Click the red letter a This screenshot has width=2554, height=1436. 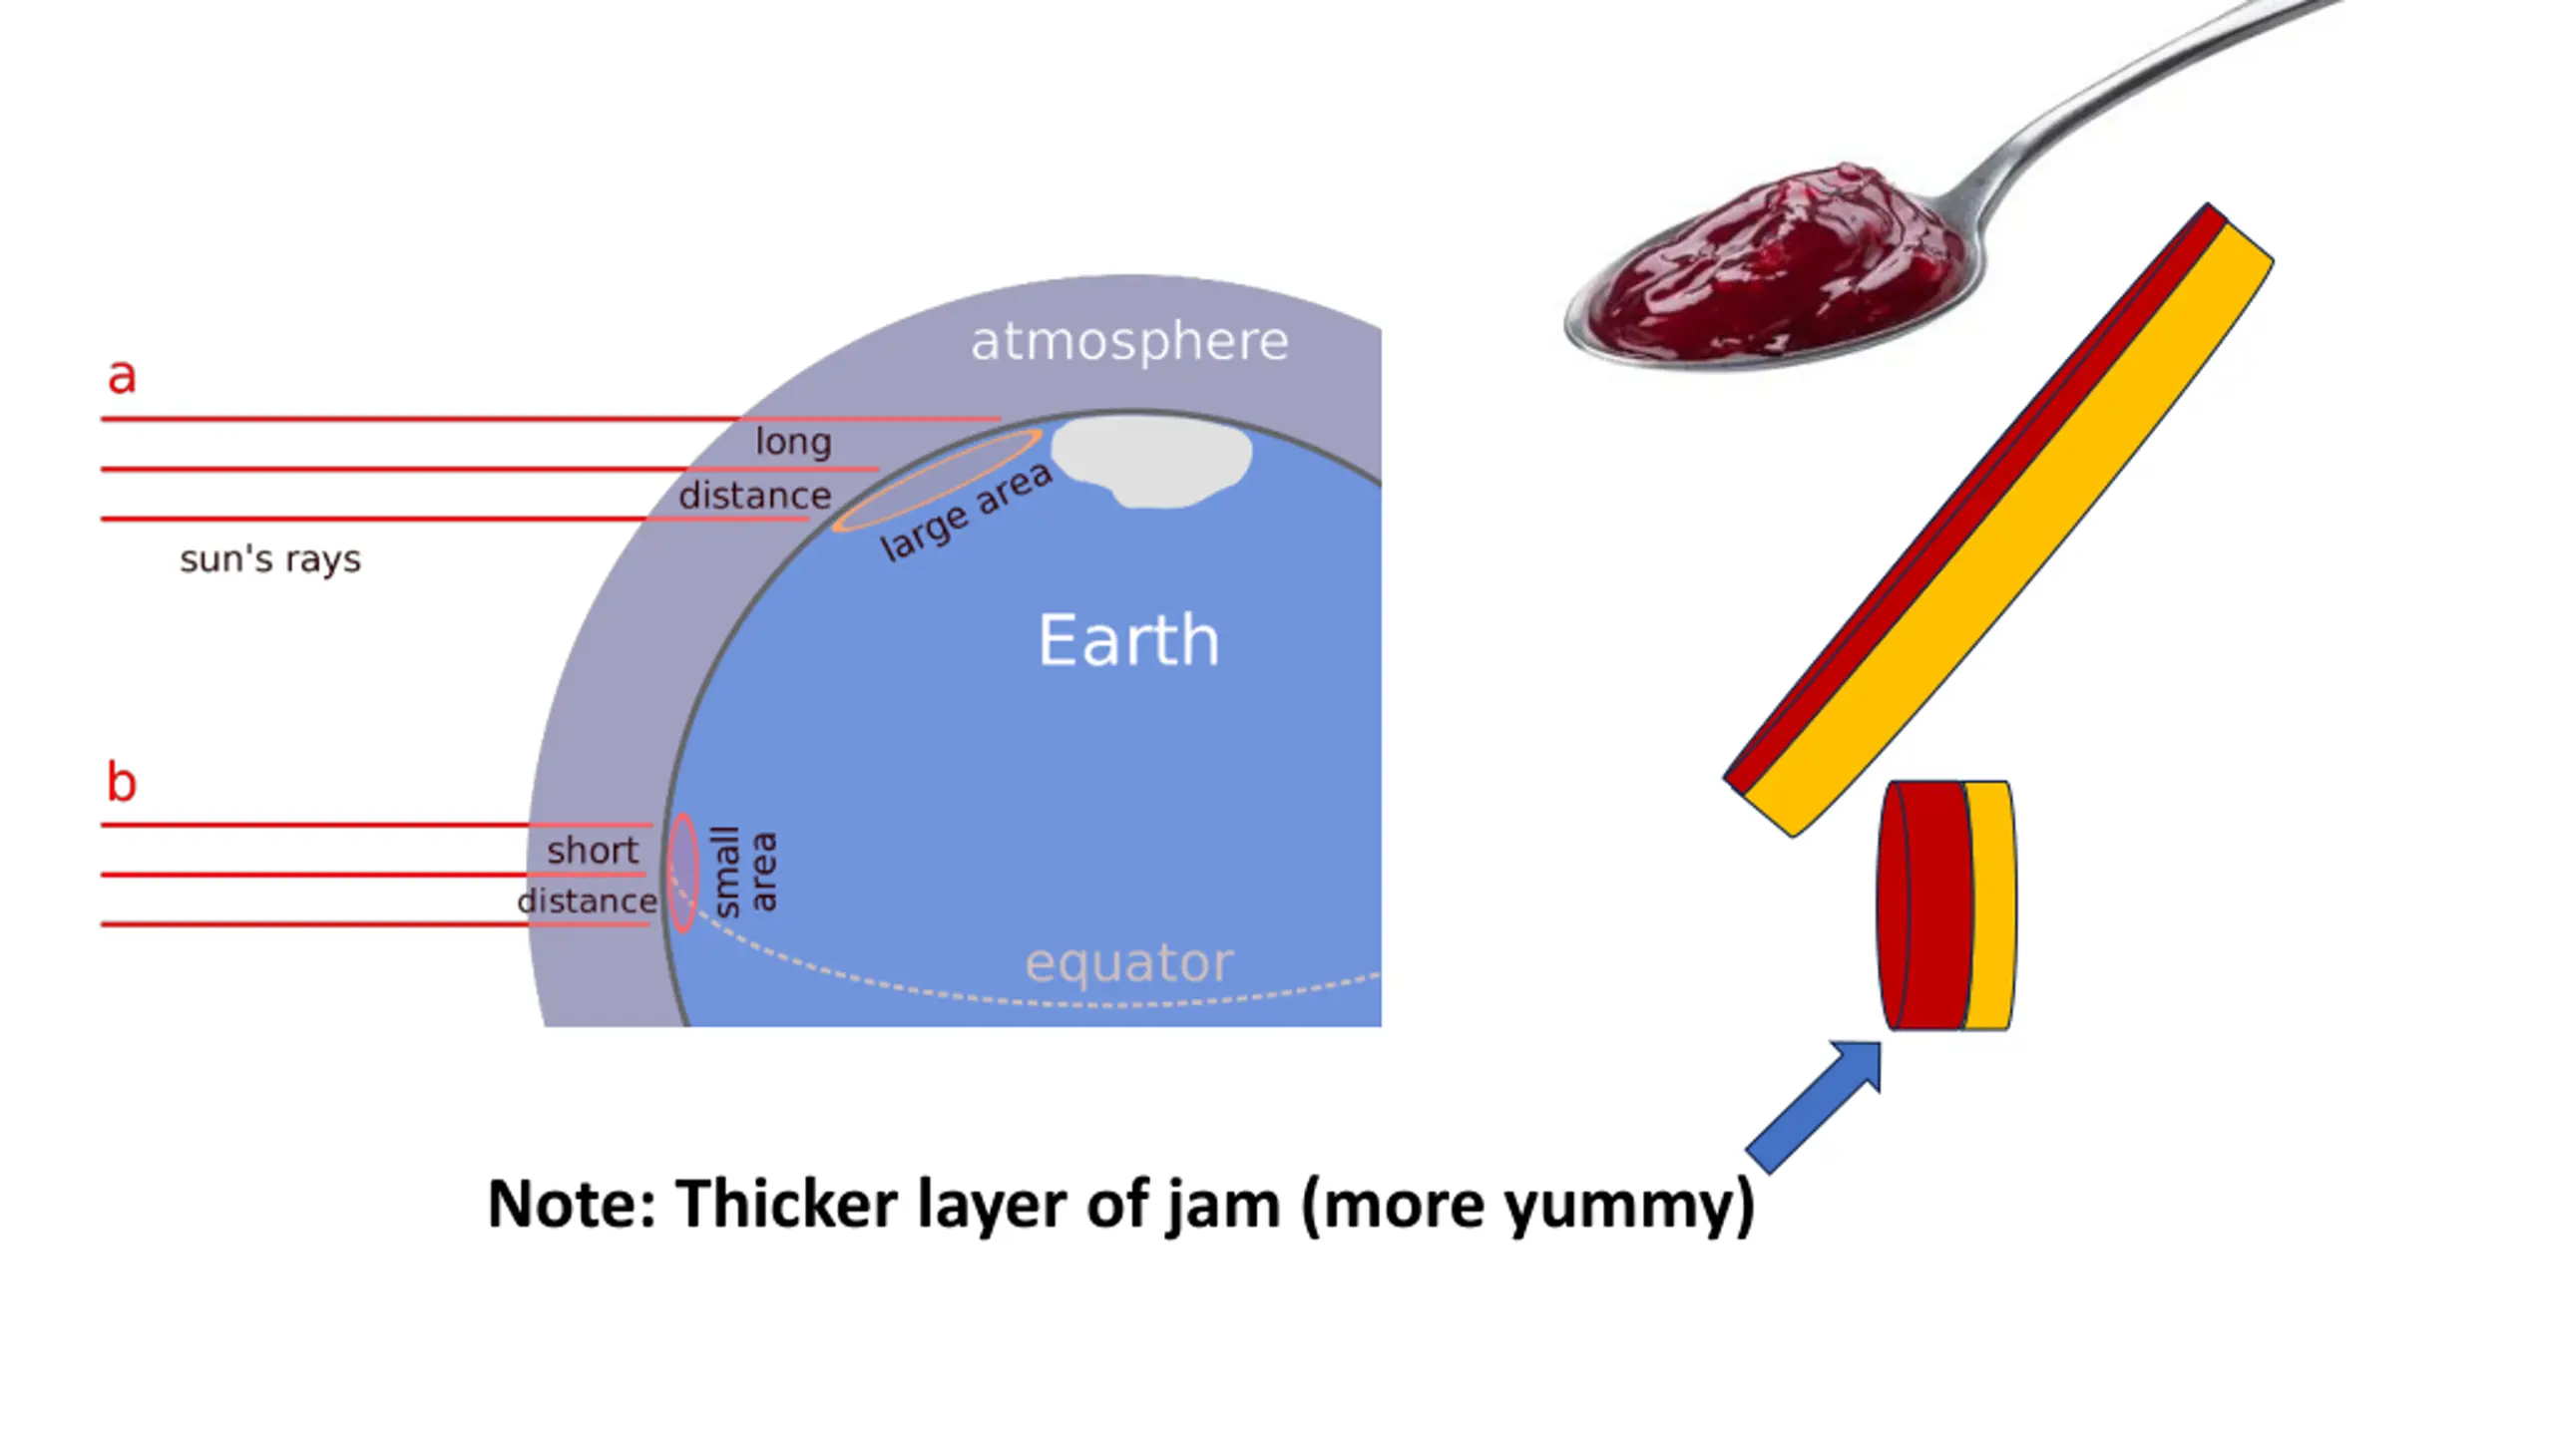point(122,377)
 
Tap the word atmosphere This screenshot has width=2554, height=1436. point(1129,342)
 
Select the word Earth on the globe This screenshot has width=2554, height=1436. point(1128,640)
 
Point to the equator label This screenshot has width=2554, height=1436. point(1129,962)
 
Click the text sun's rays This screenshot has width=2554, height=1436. point(270,559)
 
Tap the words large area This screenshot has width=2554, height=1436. point(966,512)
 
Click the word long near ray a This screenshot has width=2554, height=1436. point(793,442)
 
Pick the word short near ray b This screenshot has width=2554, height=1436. point(593,851)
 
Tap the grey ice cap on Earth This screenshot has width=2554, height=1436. point(1152,459)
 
